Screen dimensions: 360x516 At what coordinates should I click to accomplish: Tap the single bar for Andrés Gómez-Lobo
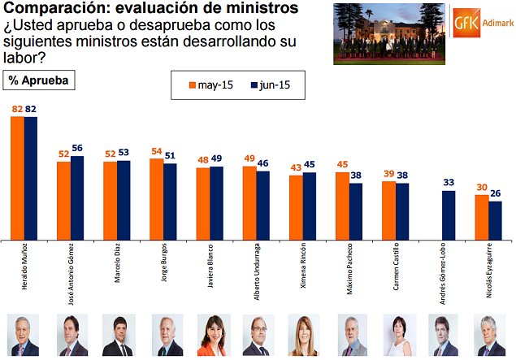click(449, 215)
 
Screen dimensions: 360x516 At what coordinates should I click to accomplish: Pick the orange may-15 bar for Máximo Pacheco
click(342, 206)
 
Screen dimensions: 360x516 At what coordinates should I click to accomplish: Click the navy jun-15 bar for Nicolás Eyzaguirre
click(495, 220)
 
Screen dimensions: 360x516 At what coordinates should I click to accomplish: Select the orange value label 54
click(156, 152)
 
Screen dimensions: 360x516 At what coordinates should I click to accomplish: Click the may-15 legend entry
click(208, 84)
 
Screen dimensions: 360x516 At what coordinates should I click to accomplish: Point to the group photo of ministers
click(388, 33)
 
